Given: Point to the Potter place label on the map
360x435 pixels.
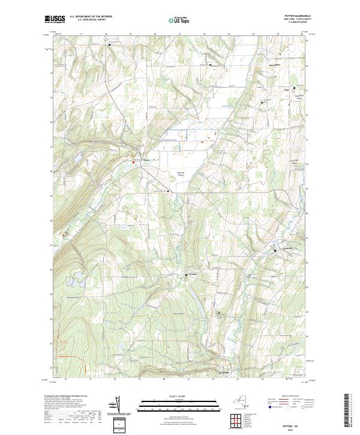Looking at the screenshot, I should pyautogui.click(x=145, y=160).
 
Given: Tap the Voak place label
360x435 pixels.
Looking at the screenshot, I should pyautogui.click(x=286, y=91).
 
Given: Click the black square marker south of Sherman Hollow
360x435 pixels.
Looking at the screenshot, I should pyautogui.click(x=169, y=191).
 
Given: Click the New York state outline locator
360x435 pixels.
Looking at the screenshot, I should pyautogui.click(x=243, y=403).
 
